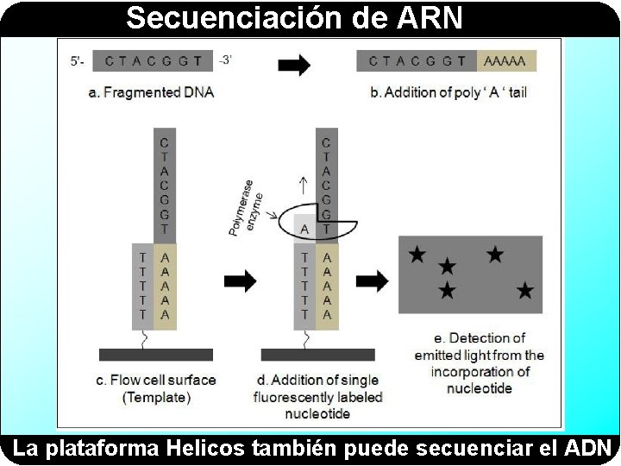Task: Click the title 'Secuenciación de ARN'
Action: pos(294,17)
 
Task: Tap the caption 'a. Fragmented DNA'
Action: pos(151,92)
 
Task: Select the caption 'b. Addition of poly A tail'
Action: pos(448,92)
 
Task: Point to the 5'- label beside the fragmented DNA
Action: pos(78,61)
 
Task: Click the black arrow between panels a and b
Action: pos(294,65)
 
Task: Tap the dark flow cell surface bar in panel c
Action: pos(155,355)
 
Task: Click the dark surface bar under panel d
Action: pos(317,355)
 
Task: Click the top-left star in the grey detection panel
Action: pos(417,255)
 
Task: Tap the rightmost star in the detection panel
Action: pos(525,291)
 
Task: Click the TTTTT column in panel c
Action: pos(142,286)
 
